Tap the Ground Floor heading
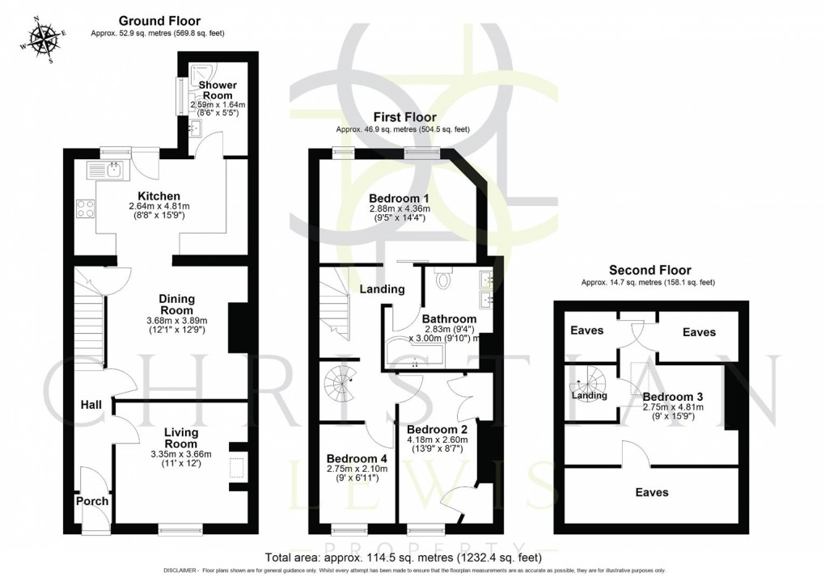[159, 20]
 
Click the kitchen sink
[105, 170]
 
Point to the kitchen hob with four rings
[86, 208]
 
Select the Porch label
[92, 501]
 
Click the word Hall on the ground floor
[90, 403]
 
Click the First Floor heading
[402, 116]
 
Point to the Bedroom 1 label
[399, 198]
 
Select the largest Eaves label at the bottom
[651, 491]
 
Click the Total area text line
[403, 558]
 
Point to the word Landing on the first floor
[382, 289]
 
